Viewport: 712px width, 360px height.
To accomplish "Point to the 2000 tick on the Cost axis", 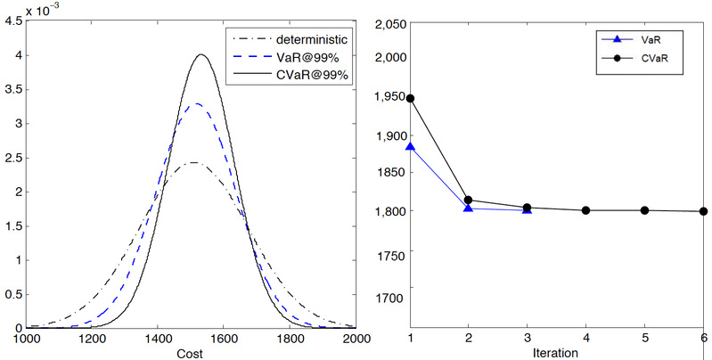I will [356, 339].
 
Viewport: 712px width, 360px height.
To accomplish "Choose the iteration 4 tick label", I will [585, 339].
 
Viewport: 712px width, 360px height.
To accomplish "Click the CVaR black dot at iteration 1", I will [410, 98].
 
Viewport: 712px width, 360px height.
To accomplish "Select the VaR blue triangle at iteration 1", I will [410, 146].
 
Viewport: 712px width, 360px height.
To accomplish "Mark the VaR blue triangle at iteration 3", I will [528, 209].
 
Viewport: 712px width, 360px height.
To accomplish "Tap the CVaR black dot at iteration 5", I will [644, 210].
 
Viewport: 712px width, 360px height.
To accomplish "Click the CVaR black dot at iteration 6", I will [703, 211].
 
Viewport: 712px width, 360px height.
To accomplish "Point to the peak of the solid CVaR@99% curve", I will [201, 54].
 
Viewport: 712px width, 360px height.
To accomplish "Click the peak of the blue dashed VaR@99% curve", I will [196, 104].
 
